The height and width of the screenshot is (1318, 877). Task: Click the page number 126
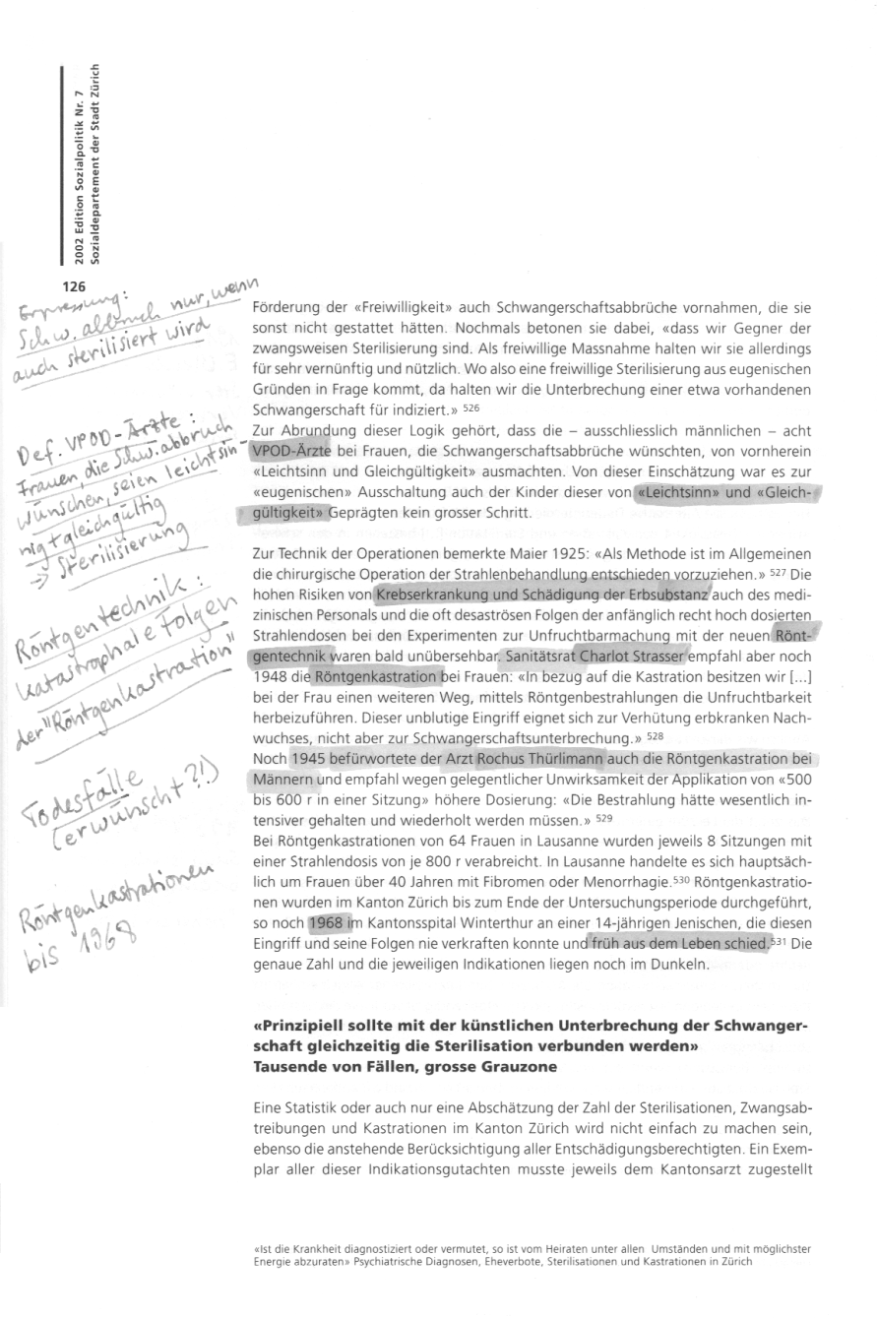coord(76,287)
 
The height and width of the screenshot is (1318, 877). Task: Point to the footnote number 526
coord(470,407)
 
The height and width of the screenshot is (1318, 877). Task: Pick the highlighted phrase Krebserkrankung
coord(427,595)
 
